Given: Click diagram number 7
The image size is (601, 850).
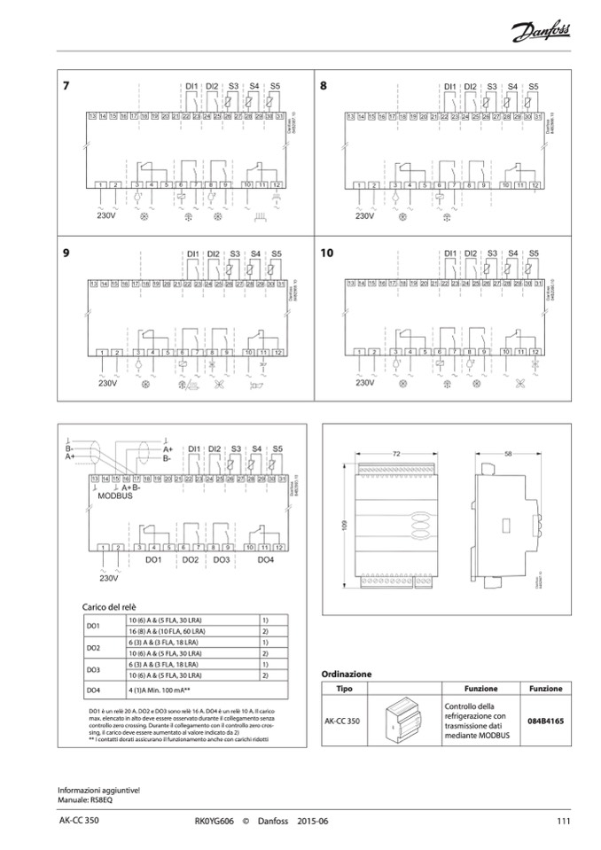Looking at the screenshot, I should point(66,86).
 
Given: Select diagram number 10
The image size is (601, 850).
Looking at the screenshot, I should point(327,253).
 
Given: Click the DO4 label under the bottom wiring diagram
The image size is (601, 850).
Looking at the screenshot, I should point(265,561).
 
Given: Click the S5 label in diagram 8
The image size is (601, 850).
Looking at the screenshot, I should point(533,86).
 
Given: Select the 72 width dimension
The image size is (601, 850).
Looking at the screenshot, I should point(395,453).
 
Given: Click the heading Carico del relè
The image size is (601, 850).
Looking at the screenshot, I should point(113,604).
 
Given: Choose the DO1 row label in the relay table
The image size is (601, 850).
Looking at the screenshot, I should point(93,626).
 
